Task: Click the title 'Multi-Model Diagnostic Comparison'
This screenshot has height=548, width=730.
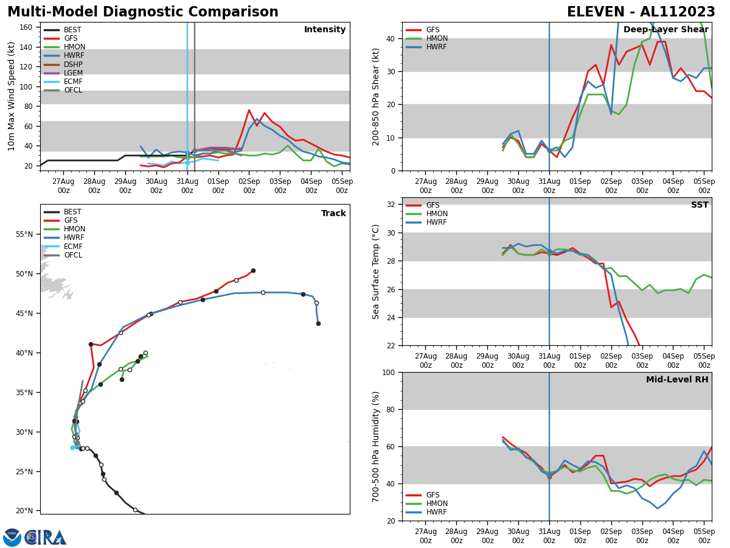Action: coord(143,12)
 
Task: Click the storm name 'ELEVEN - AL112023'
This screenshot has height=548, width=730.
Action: coord(641,12)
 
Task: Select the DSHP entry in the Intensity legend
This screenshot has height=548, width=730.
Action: coord(73,65)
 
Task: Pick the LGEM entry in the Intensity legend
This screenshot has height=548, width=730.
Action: coord(73,73)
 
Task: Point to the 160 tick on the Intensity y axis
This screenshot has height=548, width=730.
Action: coord(27,27)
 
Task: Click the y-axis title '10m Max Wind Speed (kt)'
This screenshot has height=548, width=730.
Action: coord(12,96)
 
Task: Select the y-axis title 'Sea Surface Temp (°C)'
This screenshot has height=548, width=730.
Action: coord(377,272)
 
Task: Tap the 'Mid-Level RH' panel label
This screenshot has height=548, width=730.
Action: coord(677,380)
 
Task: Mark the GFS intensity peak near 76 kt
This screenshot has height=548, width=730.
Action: coord(249,110)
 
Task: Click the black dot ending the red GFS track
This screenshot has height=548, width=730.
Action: coord(253,270)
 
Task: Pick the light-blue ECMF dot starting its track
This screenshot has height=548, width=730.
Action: coord(72,448)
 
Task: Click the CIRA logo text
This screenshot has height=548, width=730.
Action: coord(46,537)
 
